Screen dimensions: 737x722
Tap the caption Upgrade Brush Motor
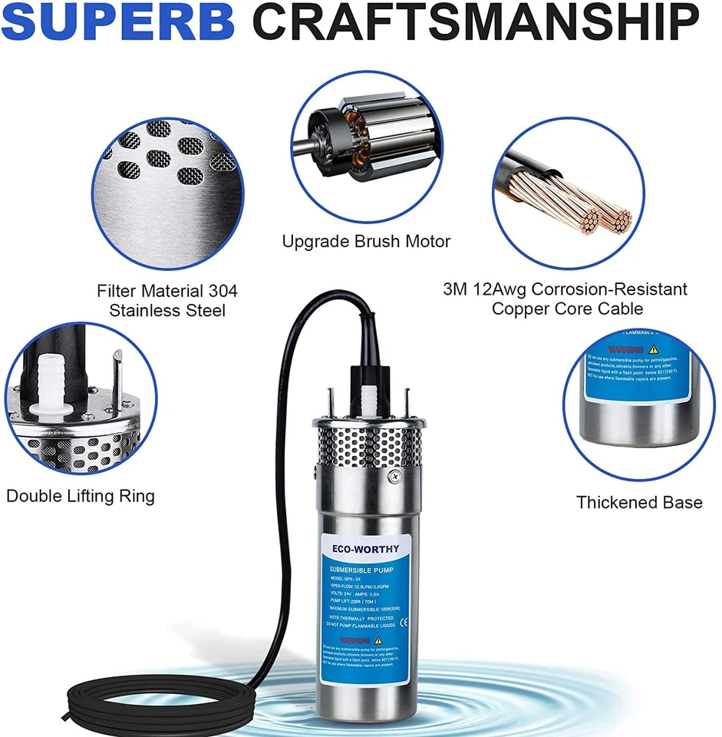coord(366,242)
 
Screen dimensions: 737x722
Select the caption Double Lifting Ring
coord(81,496)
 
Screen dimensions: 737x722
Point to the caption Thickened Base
coord(639,503)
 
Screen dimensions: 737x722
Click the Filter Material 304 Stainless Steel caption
coord(167,301)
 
